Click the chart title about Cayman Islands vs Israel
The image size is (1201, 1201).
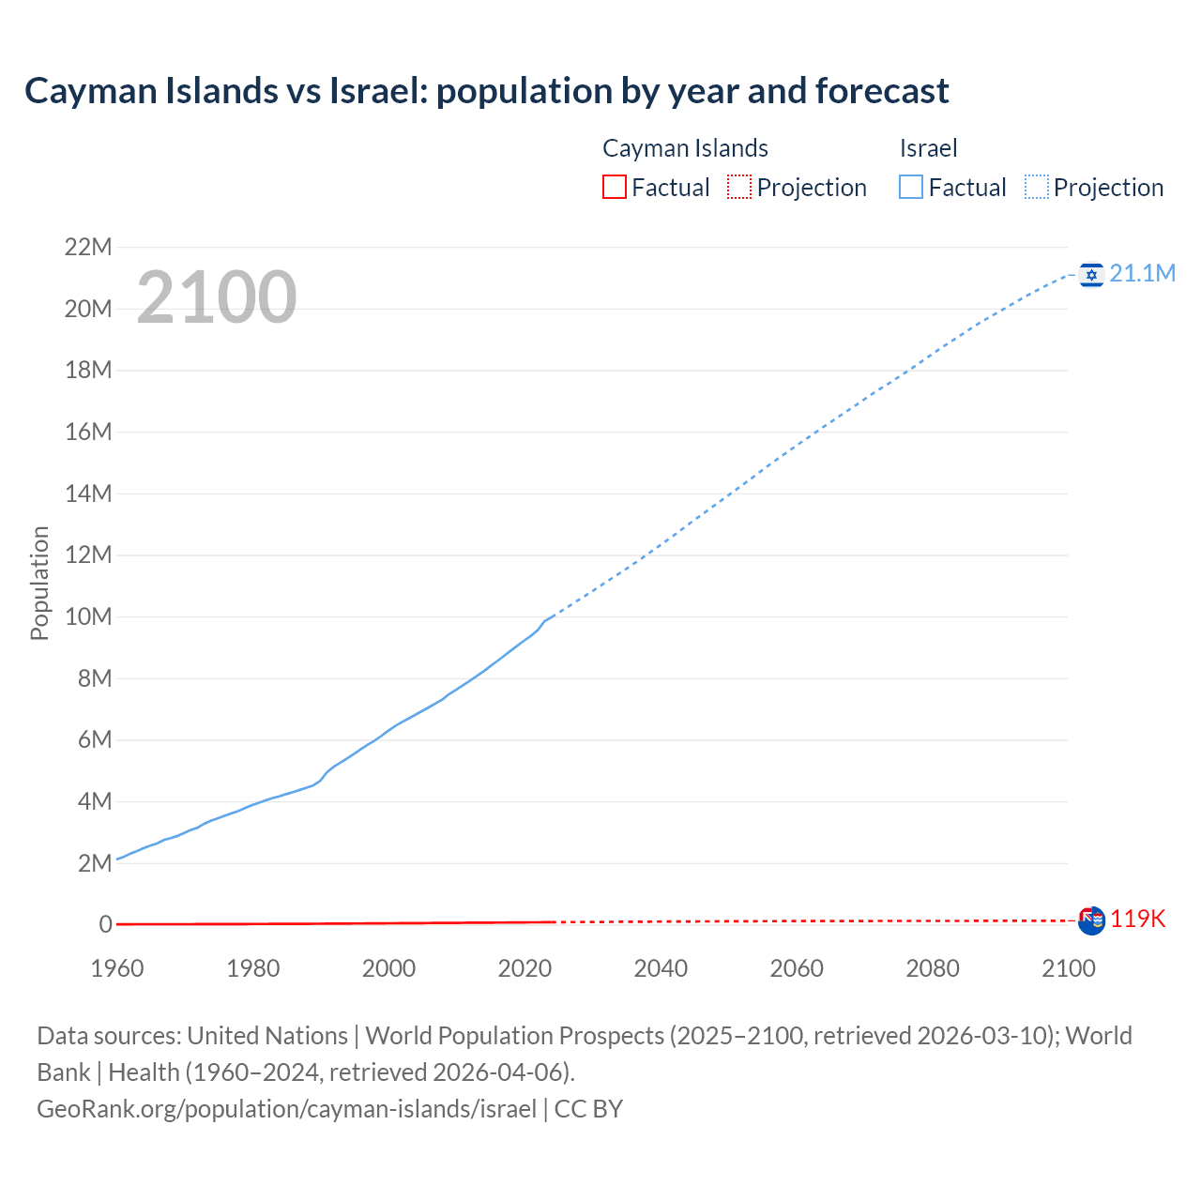(x=486, y=91)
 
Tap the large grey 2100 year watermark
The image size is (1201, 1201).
(x=217, y=297)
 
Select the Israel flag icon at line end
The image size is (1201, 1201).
(x=1090, y=274)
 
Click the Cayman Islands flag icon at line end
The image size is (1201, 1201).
(x=1091, y=920)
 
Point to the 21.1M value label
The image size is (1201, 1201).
(x=1142, y=273)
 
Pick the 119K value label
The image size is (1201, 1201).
(x=1137, y=920)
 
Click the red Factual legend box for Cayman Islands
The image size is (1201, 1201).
(x=614, y=187)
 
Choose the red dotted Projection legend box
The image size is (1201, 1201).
(x=739, y=187)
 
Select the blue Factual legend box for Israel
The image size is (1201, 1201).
(x=910, y=187)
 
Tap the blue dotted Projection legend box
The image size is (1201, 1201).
(x=1037, y=187)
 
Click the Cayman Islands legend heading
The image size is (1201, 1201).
(x=685, y=148)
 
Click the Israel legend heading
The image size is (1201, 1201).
(x=928, y=148)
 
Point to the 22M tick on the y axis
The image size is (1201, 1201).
(x=88, y=247)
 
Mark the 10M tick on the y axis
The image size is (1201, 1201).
(x=88, y=616)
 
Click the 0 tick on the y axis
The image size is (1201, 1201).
(x=106, y=924)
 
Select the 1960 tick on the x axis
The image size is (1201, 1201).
(x=117, y=968)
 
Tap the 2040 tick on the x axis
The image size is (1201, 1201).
(x=661, y=968)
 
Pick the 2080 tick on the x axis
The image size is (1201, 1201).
(x=933, y=968)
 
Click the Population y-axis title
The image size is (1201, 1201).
(x=39, y=583)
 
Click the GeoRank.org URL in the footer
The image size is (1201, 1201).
(x=286, y=1109)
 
